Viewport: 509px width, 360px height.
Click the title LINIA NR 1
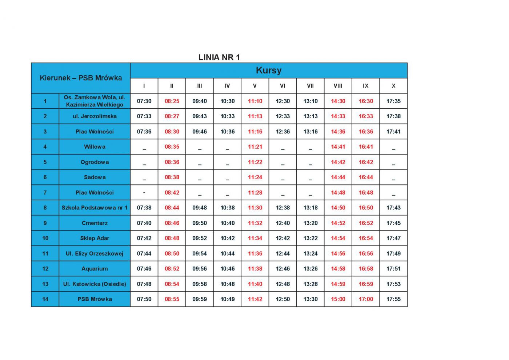[219, 57]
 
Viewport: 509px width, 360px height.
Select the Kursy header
[268, 70]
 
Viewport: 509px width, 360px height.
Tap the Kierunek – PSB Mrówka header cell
[81, 78]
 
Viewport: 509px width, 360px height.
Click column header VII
[310, 86]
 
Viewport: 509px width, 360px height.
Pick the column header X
[393, 86]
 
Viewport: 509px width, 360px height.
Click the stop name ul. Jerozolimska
[95, 116]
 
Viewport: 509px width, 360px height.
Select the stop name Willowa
[95, 147]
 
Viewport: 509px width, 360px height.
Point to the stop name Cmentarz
[95, 223]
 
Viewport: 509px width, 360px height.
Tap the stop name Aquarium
[95, 269]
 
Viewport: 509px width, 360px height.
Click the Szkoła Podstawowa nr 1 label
[95, 208]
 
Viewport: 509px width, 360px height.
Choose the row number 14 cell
[45, 299]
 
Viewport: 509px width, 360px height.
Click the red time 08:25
[172, 101]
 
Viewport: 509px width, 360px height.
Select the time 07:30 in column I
[144, 101]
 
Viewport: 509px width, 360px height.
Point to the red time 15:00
[338, 299]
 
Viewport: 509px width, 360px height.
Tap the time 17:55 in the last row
[393, 299]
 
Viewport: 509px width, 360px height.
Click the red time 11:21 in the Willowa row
[255, 147]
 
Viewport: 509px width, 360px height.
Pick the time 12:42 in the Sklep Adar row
[282, 238]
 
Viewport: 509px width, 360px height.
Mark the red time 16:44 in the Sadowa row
[366, 177]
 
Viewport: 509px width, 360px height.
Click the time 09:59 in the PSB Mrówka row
[200, 299]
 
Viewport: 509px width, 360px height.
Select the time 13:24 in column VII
[310, 253]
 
